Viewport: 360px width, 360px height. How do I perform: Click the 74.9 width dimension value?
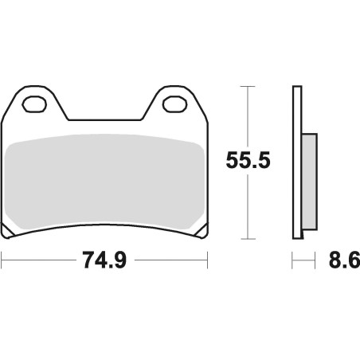point(104,260)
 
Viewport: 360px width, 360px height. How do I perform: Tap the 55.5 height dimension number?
point(248,160)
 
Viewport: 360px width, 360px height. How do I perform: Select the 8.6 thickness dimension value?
point(344,260)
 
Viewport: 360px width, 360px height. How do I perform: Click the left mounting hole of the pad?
point(34,104)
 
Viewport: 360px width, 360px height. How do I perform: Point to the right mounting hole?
point(175,104)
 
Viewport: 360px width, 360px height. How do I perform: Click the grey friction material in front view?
point(104,182)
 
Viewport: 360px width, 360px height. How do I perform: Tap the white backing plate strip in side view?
point(297,162)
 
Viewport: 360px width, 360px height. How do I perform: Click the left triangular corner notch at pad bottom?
point(7,230)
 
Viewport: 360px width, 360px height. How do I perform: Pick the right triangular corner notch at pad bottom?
point(202,230)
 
